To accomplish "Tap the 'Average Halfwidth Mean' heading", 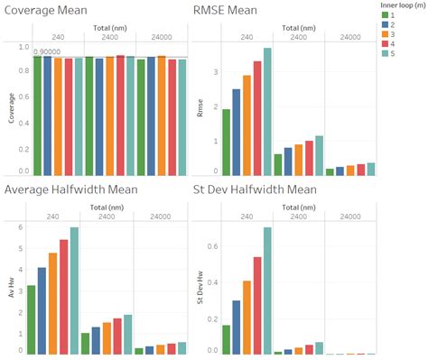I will [x=77, y=189].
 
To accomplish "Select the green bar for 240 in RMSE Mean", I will [x=226, y=142].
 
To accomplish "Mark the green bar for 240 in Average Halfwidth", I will [x=32, y=319].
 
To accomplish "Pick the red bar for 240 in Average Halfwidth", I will [x=63, y=296].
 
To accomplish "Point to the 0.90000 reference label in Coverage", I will [x=49, y=52].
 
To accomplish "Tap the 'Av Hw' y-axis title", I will [x=10, y=291].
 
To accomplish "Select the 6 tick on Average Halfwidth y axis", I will [x=19, y=227].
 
